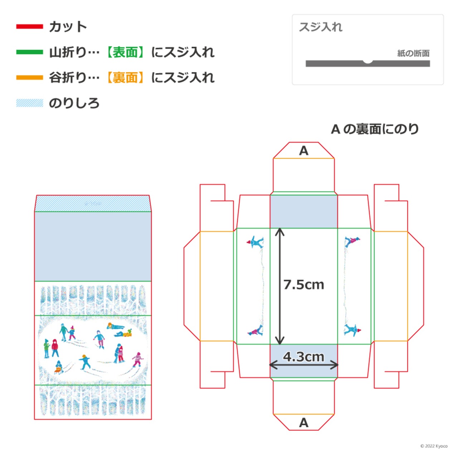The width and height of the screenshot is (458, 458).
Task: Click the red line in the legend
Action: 29,26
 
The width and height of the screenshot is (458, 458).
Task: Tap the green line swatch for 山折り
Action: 29,52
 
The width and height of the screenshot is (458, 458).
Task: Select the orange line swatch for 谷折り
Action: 29,78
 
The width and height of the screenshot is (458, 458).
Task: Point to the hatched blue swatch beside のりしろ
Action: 29,103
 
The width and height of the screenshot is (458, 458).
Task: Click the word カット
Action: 68,26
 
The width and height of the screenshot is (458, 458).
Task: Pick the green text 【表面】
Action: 125,52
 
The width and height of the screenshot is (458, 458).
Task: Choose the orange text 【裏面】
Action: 125,78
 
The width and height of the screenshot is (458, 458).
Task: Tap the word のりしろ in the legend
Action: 74,103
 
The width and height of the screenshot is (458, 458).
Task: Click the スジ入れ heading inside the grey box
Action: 320,27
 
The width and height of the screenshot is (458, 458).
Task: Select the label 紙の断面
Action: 413,53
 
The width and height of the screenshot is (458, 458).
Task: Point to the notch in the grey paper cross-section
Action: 368,62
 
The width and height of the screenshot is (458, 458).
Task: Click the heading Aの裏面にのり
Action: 375,129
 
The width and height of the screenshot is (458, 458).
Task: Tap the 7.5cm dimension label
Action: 303,284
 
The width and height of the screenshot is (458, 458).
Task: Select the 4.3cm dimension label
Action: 303,357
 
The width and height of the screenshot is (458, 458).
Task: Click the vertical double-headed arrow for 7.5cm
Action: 280,286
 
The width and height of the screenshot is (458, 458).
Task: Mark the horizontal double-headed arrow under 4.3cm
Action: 304,365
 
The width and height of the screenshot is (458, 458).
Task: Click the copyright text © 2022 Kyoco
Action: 434,446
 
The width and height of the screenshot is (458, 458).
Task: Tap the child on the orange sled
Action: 58,367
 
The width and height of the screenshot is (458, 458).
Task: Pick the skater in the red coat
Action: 55,348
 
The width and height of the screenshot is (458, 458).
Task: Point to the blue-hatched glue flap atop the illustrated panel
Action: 93,204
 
